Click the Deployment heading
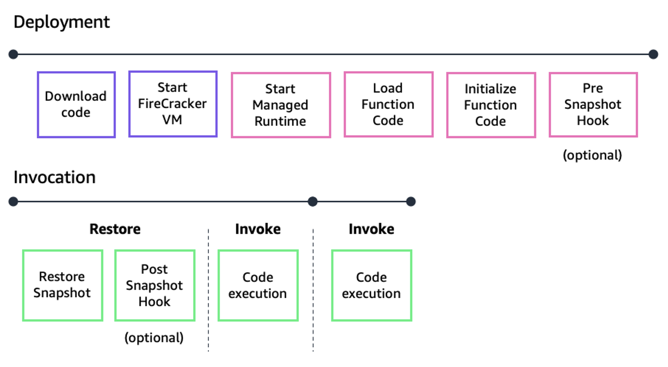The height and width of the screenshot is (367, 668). tap(62, 22)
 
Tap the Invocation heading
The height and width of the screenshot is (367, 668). tap(54, 178)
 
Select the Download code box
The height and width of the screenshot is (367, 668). tap(76, 105)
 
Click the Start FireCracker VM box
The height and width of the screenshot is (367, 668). tap(173, 104)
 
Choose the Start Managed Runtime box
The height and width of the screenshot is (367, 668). tap(281, 105)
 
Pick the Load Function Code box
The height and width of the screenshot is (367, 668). tap(388, 105)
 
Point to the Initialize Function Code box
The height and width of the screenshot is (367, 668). tap(491, 105)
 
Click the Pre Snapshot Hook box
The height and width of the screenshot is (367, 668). tap(593, 105)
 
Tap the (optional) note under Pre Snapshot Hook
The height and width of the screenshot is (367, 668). tap(592, 155)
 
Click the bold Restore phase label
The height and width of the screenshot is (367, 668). tap(115, 229)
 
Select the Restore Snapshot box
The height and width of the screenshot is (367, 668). tap(63, 285)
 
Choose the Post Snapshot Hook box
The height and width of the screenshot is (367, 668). tap(155, 285)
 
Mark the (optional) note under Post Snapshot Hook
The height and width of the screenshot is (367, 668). tap(154, 337)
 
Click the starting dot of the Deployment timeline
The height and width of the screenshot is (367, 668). tap(13, 54)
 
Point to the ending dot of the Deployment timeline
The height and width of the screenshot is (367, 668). tap(653, 54)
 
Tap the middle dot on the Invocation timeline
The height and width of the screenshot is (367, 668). tap(313, 201)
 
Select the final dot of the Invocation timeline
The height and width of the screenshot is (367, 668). tap(411, 201)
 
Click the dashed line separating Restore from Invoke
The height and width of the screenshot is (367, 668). tap(209, 291)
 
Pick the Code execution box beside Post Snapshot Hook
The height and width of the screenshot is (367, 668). tap(258, 285)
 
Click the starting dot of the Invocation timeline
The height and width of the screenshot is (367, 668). tap(13, 201)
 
